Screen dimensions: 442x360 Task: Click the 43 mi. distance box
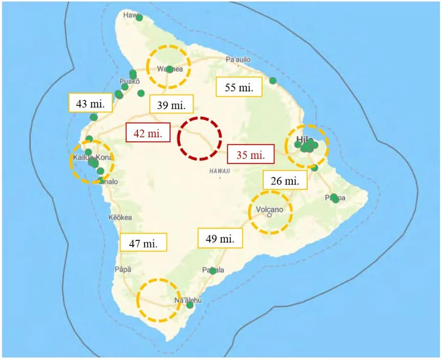pyautogui.click(x=90, y=103)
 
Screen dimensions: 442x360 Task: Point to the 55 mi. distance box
pyautogui.click(x=239, y=87)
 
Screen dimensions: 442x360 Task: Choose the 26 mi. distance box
pyautogui.click(x=285, y=180)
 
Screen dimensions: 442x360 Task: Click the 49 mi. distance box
pyautogui.click(x=220, y=238)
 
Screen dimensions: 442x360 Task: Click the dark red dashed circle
pyautogui.click(x=199, y=138)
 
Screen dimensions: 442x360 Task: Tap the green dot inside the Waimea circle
pyautogui.click(x=170, y=69)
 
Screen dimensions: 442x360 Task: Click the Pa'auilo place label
pyautogui.click(x=238, y=60)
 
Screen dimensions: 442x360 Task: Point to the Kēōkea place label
pyautogui.click(x=121, y=217)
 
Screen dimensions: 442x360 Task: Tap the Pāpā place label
pyautogui.click(x=124, y=269)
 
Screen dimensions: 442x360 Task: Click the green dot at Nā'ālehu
pyautogui.click(x=190, y=305)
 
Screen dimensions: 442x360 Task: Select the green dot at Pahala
pyautogui.click(x=213, y=271)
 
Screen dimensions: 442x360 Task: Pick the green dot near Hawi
pyautogui.click(x=139, y=17)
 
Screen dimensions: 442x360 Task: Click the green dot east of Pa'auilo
pyautogui.click(x=273, y=80)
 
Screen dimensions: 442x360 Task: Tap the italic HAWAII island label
pyautogui.click(x=220, y=171)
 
